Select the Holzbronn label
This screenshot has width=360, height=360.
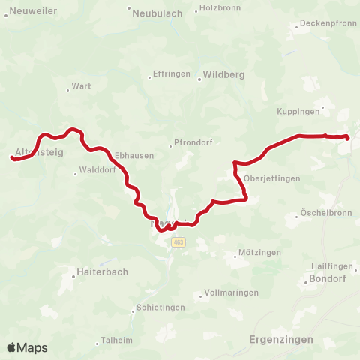pos(218,10)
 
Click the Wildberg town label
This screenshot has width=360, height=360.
pos(220,76)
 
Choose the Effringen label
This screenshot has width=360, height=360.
pos(170,73)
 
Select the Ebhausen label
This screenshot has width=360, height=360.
pos(134,155)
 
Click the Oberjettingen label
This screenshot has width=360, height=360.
pos(271,178)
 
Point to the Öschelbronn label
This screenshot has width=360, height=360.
pos(325,212)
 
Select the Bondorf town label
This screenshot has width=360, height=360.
pos(325,280)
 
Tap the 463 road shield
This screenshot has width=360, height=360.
pos(178,242)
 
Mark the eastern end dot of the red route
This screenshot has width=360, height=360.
pos(347,137)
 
